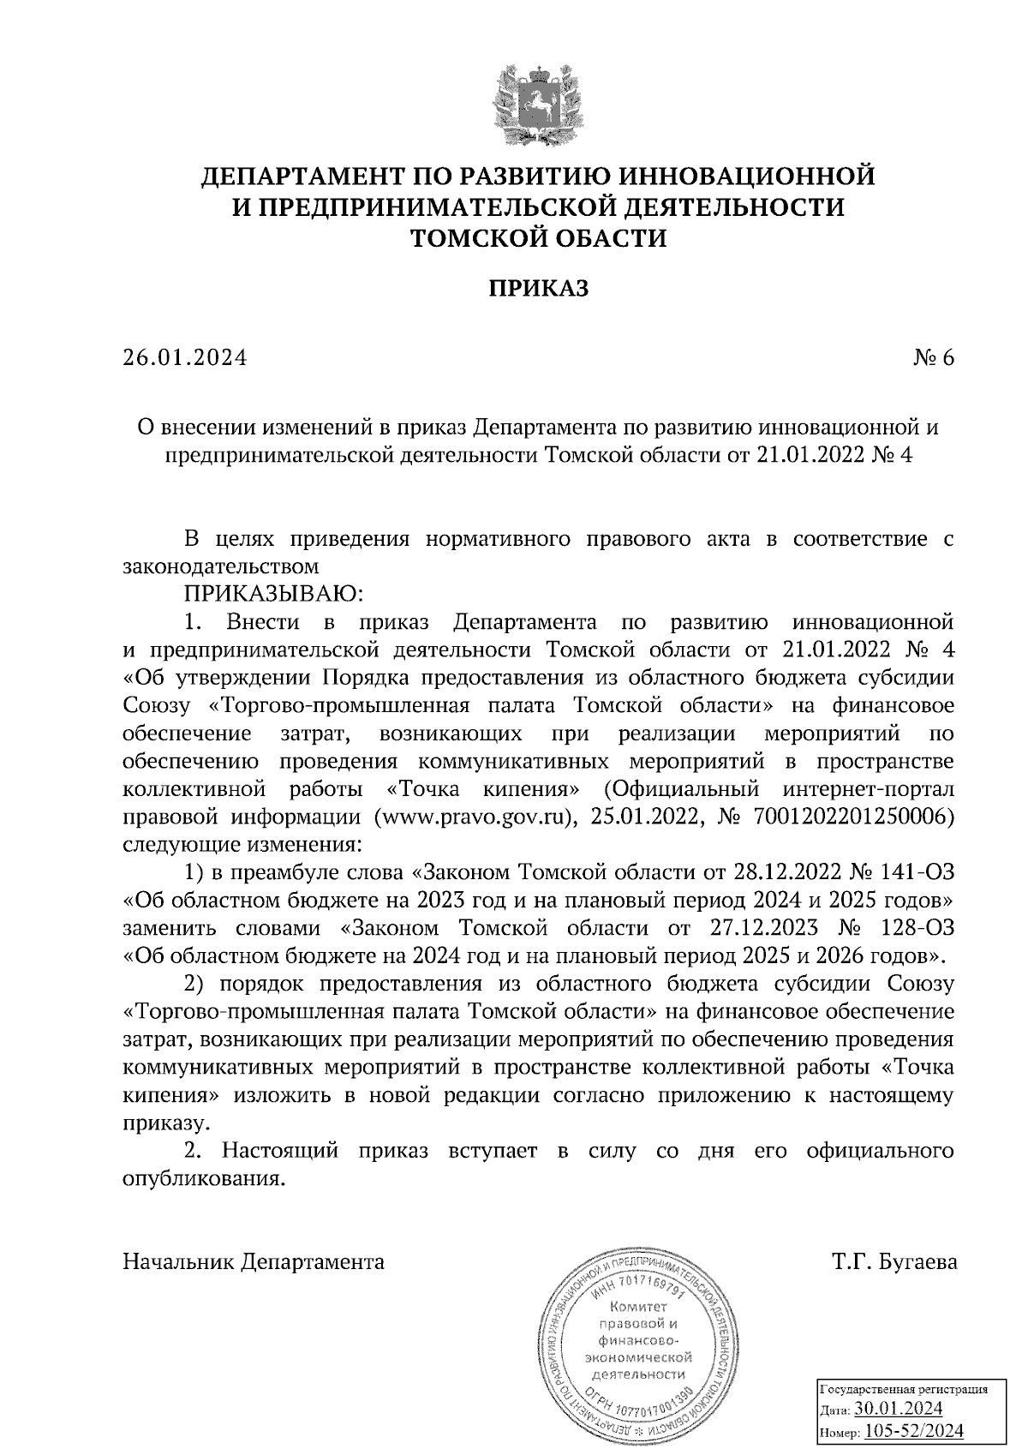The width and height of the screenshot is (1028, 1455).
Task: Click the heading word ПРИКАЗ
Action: [539, 289]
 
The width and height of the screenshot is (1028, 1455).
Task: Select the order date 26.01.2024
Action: [184, 357]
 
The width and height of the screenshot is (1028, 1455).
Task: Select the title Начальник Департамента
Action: [254, 1262]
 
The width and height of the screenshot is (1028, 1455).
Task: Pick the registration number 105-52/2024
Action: [913, 1431]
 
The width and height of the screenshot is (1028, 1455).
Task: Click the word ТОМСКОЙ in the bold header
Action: [471, 237]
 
